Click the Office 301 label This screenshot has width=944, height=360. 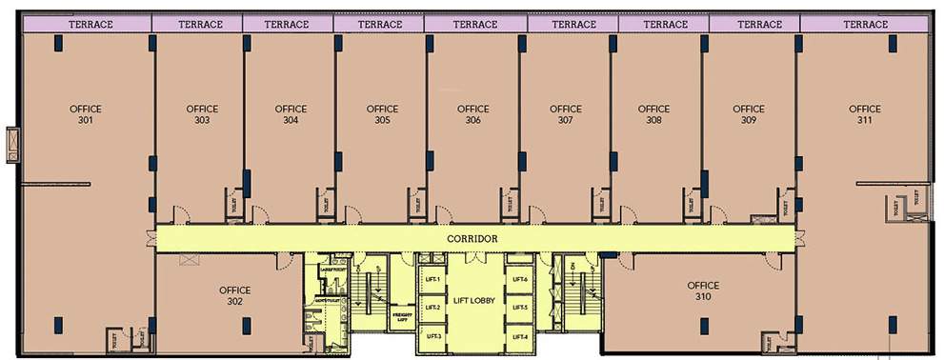pos(86,114)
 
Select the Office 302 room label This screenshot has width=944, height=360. pos(234,295)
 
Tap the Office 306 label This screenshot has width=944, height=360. pos(473,114)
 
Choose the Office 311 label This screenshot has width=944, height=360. pos(865,114)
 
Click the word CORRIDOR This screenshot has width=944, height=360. pos(473,238)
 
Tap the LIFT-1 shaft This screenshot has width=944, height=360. pos(432,279)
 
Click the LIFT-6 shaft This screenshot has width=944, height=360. pos(519,279)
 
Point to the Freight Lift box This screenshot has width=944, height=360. pos(401,314)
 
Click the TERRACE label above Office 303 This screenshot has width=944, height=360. pos(198,24)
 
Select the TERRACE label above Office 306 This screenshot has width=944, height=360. pos(473,24)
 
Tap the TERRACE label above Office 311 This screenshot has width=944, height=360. pos(865,24)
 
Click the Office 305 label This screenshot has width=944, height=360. pos(382,114)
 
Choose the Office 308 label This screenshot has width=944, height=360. pos(653,114)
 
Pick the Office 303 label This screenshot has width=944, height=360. pos(202,114)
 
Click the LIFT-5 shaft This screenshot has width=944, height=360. pos(519,308)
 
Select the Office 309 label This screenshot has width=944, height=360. pos(747,114)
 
